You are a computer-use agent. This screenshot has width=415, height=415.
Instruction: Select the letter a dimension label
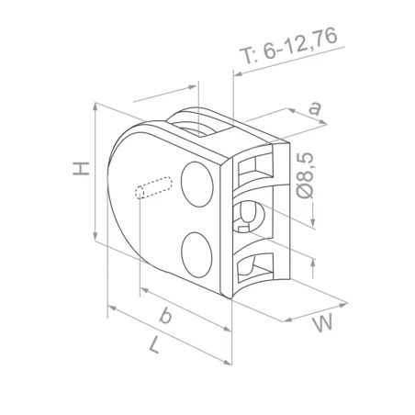point(315,108)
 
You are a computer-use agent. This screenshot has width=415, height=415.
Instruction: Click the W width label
point(320,322)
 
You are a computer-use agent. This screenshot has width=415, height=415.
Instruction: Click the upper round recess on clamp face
point(196,182)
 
